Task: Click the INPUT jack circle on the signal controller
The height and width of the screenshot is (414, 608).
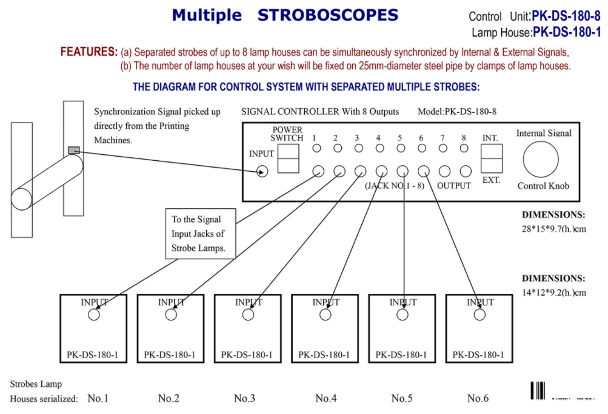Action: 262,171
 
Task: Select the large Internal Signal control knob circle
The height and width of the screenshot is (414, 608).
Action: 541,159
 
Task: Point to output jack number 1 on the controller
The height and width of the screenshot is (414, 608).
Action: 318,171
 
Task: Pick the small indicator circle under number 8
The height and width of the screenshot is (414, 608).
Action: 464,148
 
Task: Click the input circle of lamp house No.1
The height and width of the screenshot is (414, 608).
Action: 94,314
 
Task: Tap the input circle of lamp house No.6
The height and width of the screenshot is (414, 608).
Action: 480,314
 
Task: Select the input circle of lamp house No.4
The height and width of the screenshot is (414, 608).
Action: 326,314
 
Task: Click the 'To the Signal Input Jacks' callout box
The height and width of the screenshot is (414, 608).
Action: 200,234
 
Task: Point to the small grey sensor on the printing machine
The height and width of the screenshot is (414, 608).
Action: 73,150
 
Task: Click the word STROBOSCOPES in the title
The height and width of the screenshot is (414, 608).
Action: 328,15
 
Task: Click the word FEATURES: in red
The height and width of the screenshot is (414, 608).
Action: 89,52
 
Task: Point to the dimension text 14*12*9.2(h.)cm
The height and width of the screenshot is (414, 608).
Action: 554,293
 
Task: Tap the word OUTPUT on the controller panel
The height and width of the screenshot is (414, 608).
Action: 454,186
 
